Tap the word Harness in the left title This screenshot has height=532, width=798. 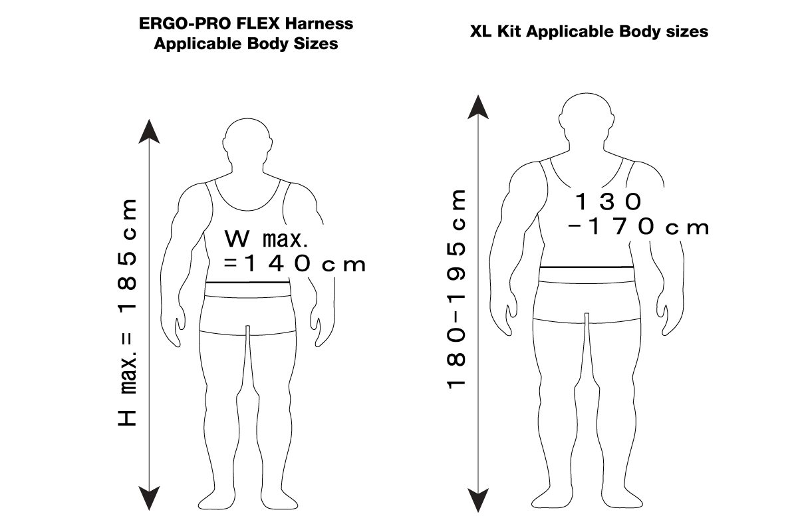point(319,24)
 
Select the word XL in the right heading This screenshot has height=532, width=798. point(481,32)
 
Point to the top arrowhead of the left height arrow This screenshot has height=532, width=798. point(149,131)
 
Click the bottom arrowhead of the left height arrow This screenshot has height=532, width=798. point(149,499)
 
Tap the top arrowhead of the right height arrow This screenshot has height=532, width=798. point(477,107)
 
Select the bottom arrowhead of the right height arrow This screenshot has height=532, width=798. point(477,501)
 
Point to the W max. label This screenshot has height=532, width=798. point(266,239)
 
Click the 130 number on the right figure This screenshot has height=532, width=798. point(608,201)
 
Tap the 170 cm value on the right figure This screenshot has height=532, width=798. point(638,227)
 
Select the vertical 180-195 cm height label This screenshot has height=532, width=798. point(456,289)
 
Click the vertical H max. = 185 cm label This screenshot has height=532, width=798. point(127,313)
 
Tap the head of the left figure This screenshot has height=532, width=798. point(247,141)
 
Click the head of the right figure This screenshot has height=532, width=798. point(587,116)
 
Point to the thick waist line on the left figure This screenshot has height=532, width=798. point(247,283)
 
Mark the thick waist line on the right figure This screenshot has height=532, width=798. point(587,267)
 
